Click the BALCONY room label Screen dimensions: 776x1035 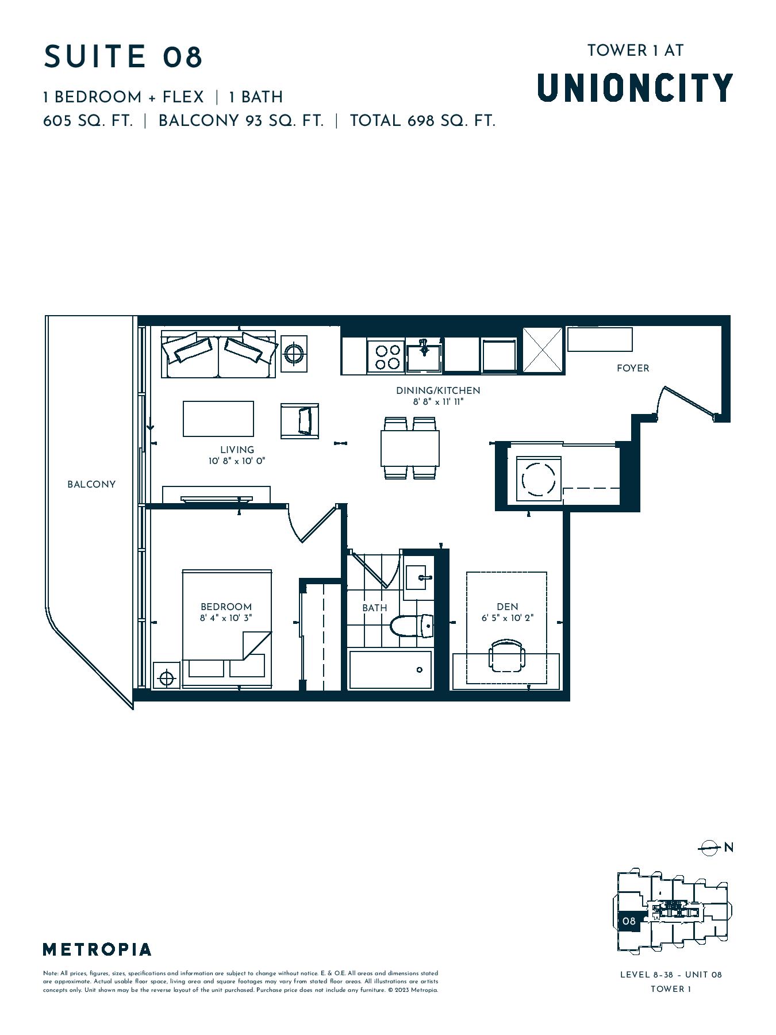(x=91, y=484)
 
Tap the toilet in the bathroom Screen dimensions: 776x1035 (x=412, y=626)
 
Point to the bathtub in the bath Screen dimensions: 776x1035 (x=390, y=669)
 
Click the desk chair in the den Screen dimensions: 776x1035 (x=506, y=655)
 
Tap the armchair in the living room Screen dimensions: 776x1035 (x=299, y=421)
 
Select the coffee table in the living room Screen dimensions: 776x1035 (x=218, y=419)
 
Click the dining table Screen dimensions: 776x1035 (x=410, y=448)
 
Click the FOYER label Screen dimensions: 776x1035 (x=633, y=368)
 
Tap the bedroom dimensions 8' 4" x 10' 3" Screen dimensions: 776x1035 (x=226, y=618)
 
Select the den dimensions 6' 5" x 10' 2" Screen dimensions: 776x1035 (x=508, y=618)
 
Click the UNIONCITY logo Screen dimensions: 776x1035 (x=635, y=87)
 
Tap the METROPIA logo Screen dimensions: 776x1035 (x=97, y=949)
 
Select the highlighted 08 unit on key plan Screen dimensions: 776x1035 (x=629, y=921)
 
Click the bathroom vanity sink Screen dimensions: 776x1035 (x=418, y=578)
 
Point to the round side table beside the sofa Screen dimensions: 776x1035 (x=294, y=352)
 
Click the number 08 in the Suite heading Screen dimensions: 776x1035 (x=183, y=57)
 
